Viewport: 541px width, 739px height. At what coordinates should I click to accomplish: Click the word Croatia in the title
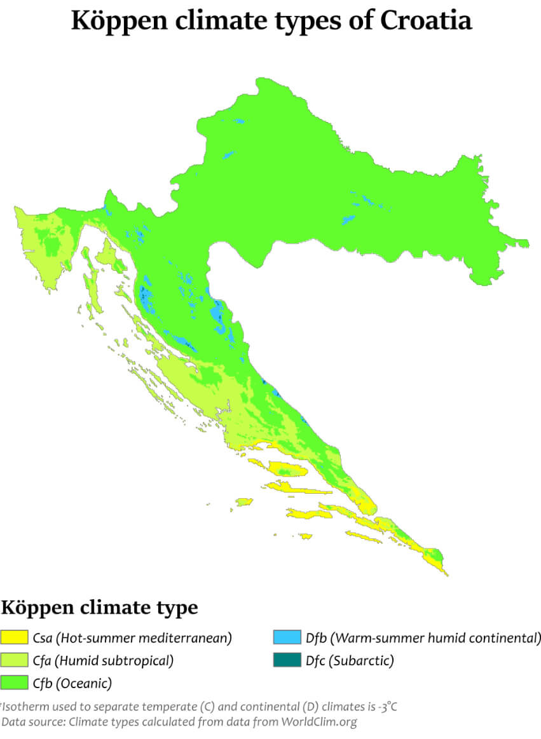tap(426, 21)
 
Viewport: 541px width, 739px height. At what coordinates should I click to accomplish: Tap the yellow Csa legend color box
tap(15, 637)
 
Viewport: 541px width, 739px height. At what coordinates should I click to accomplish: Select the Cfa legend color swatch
tap(15, 661)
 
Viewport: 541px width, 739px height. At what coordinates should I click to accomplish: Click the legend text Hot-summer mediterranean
tap(144, 637)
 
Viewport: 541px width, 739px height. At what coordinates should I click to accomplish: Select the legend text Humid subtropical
tap(114, 661)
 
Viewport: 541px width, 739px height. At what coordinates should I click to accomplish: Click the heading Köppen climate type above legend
tap(99, 607)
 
